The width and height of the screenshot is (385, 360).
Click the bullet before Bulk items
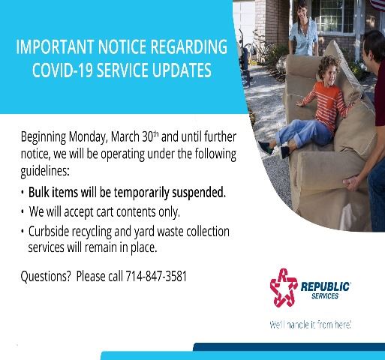[x=23, y=193]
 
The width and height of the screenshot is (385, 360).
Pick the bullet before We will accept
[x=23, y=211]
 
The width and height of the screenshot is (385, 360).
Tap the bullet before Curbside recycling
[x=23, y=231]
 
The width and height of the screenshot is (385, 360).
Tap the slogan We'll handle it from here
[x=310, y=325]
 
